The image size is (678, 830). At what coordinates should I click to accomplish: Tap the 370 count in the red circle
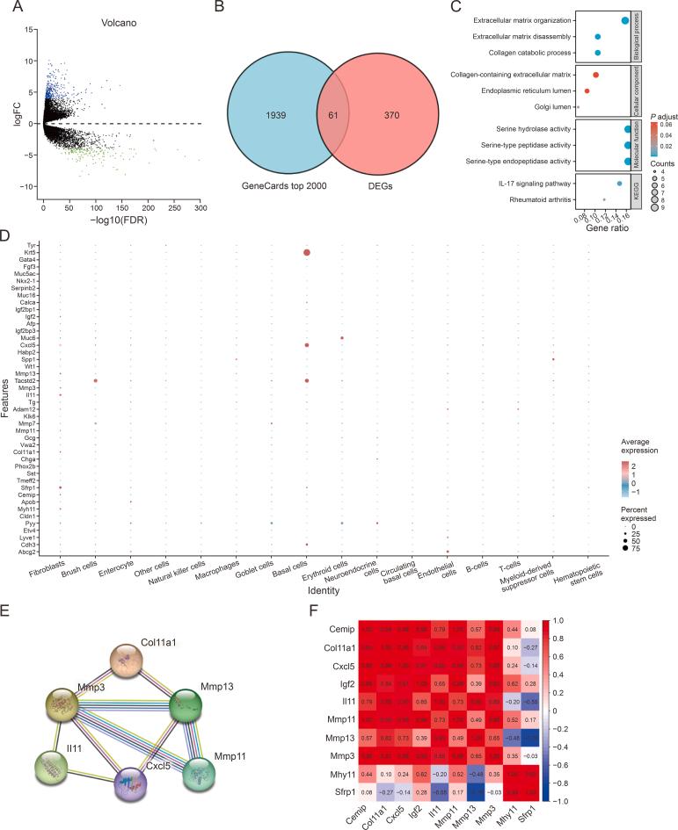point(392,115)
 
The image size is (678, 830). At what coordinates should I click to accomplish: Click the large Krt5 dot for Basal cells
point(306,253)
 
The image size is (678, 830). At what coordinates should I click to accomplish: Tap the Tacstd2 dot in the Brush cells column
point(95,380)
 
